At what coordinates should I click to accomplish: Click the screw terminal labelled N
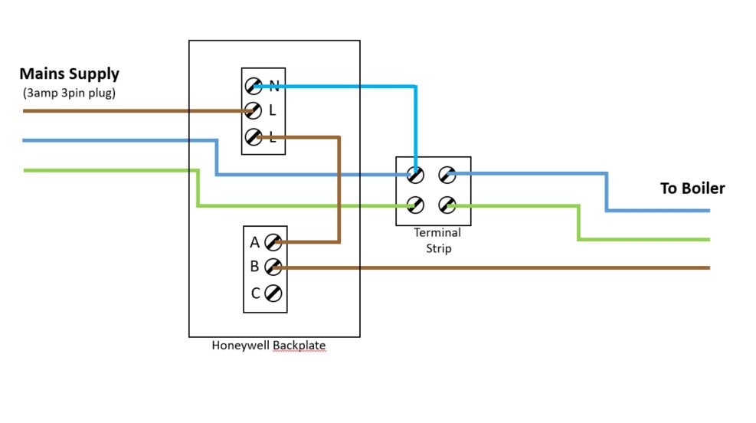(x=254, y=85)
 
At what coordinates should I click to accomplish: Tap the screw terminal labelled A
(x=273, y=243)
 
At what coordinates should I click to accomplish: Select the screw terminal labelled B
(x=273, y=267)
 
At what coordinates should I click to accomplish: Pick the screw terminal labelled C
(x=273, y=293)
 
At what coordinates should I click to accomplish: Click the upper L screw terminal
(x=254, y=111)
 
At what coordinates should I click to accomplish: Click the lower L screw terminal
(x=254, y=137)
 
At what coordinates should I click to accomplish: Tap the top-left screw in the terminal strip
(x=415, y=175)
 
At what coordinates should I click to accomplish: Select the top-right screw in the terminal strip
(x=447, y=175)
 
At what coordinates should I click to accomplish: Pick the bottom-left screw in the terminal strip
(x=415, y=205)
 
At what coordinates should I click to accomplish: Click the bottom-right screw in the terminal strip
(x=447, y=205)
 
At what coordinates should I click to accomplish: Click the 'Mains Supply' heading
(x=69, y=74)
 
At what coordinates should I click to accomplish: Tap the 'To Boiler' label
(x=692, y=189)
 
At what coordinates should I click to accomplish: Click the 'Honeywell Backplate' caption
(x=268, y=346)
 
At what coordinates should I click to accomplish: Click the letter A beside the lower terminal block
(x=254, y=243)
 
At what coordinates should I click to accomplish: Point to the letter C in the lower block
(x=255, y=293)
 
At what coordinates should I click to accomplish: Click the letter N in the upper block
(x=273, y=85)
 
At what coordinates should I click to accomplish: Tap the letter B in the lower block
(x=254, y=267)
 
